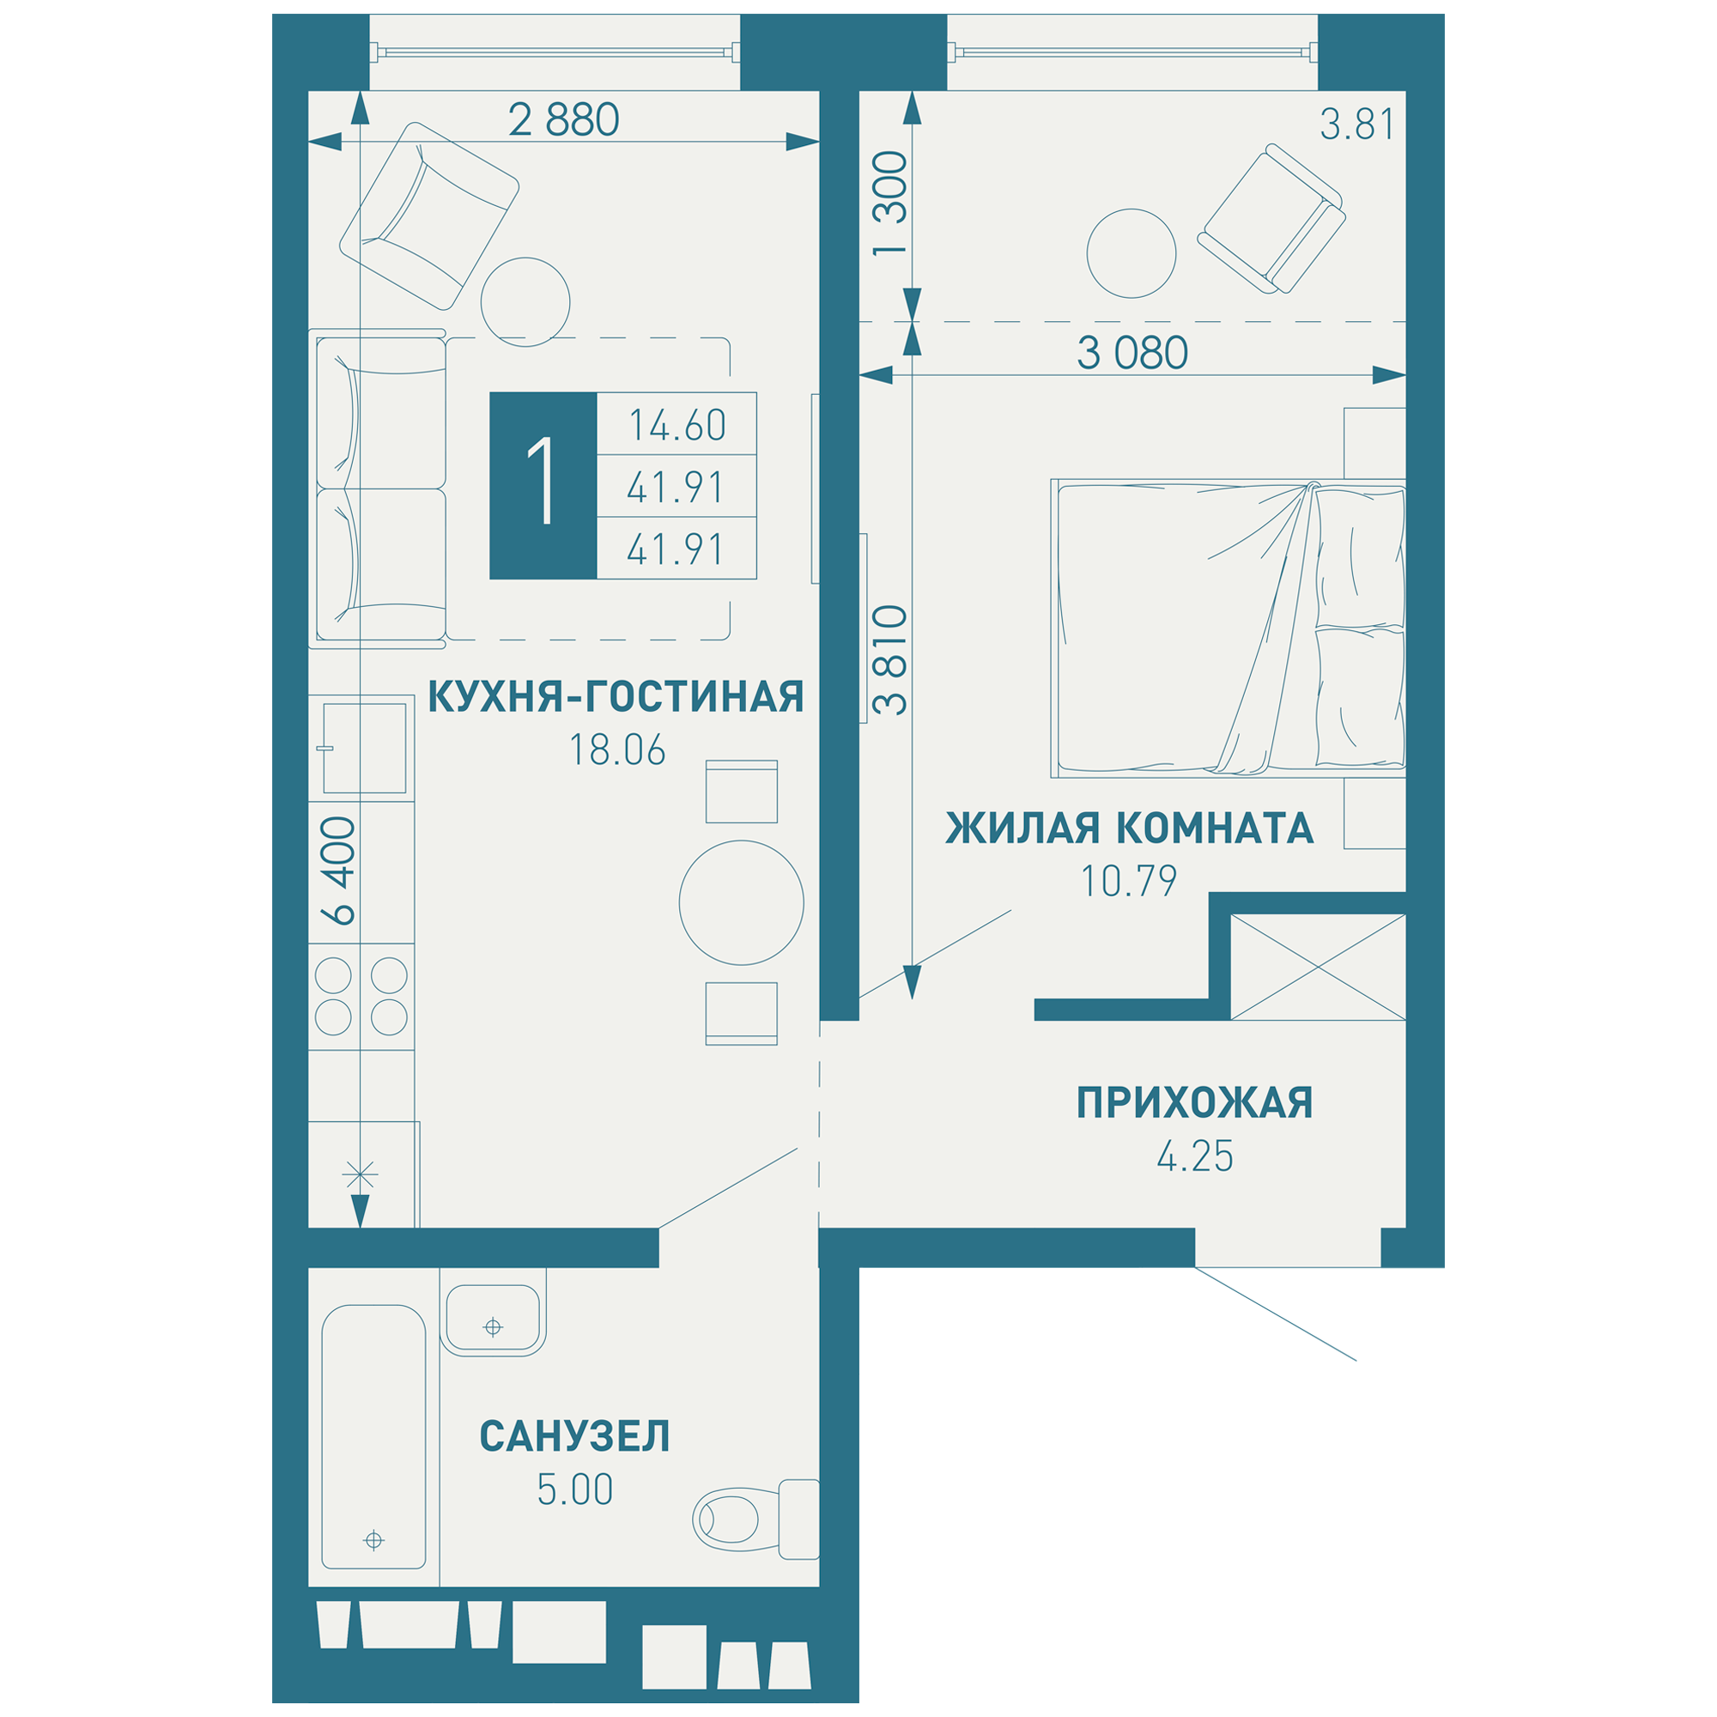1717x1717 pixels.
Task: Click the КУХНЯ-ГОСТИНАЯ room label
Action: [615, 698]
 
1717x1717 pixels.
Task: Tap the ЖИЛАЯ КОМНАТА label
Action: [1129, 828]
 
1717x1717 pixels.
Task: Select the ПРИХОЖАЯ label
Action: [1194, 1103]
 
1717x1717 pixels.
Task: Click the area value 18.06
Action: [616, 751]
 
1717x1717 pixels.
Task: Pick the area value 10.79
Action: [1129, 882]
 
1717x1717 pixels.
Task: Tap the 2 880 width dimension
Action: [563, 120]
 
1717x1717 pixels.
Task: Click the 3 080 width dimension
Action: [1132, 354]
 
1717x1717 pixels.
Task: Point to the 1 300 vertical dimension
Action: [890, 204]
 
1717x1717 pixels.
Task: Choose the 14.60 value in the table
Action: [677, 425]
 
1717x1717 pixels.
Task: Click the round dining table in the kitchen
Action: [741, 903]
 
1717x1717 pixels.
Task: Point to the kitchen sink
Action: [364, 748]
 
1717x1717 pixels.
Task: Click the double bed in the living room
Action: [1229, 628]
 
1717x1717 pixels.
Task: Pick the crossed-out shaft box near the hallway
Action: [1318, 967]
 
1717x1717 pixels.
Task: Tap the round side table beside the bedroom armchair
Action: [1132, 253]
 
